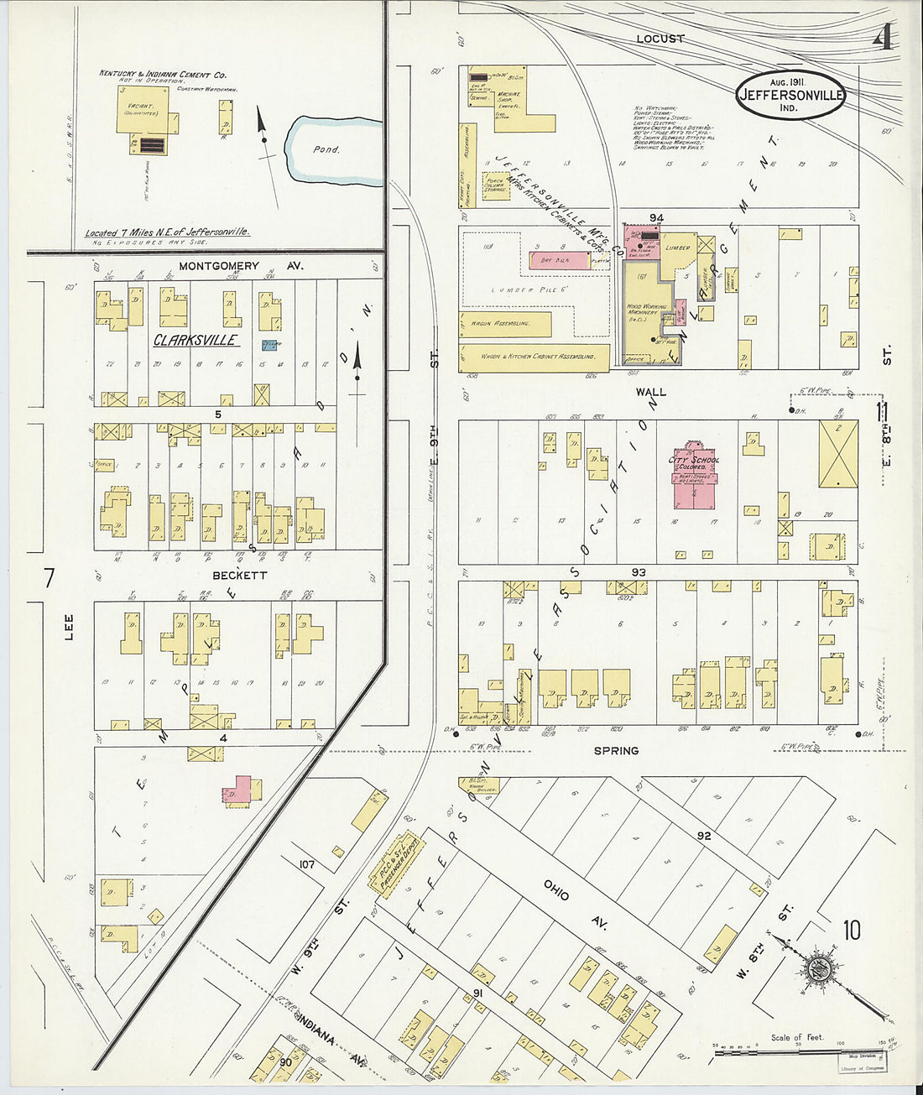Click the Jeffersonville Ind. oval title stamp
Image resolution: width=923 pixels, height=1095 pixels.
click(x=791, y=94)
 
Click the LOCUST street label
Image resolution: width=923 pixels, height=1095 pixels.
click(x=660, y=39)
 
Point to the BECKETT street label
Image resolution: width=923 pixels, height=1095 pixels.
click(x=239, y=576)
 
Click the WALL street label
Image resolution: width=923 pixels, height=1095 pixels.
click(x=650, y=392)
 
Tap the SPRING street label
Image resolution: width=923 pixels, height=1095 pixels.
click(x=616, y=751)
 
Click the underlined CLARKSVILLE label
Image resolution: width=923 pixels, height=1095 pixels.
click(x=196, y=341)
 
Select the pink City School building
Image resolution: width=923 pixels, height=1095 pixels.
click(x=693, y=477)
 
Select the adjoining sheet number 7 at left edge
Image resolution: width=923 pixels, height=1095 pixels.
click(x=49, y=578)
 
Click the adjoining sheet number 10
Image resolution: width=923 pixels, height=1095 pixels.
click(x=852, y=930)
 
